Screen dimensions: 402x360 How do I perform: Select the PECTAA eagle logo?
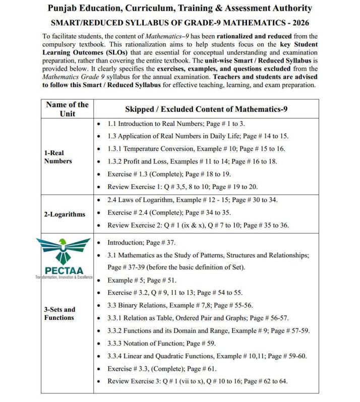click(x=64, y=250)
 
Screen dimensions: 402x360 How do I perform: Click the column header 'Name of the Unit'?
click(x=67, y=109)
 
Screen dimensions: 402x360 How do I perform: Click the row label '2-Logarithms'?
click(x=64, y=214)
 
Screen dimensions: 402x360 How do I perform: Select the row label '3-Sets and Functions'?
click(x=59, y=313)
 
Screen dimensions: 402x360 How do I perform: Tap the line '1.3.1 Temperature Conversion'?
click(x=196, y=149)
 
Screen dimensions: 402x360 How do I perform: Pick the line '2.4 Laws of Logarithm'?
click(x=199, y=200)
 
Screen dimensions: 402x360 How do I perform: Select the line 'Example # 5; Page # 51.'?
click(x=142, y=280)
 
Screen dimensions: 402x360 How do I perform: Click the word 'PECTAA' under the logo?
click(x=64, y=270)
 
